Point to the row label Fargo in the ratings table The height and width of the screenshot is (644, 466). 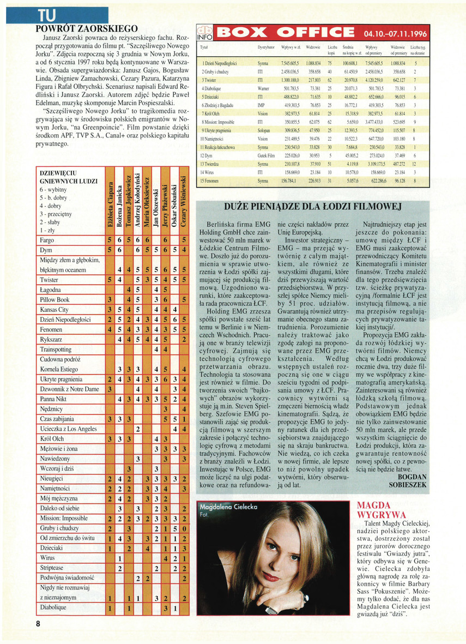[x=47, y=239]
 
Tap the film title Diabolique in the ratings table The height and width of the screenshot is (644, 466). [x=53, y=607]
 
